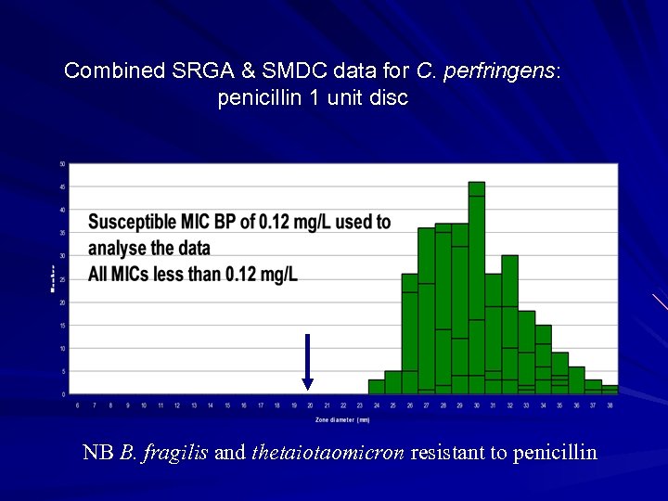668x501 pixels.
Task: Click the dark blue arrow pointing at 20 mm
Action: (307, 362)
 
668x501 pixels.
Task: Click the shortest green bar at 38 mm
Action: (610, 390)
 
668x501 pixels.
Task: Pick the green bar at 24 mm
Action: (376, 387)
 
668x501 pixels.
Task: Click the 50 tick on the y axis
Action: (62, 164)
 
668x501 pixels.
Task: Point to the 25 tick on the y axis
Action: (62, 279)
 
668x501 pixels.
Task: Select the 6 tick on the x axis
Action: (77, 405)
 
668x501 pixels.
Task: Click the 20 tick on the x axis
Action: (311, 405)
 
